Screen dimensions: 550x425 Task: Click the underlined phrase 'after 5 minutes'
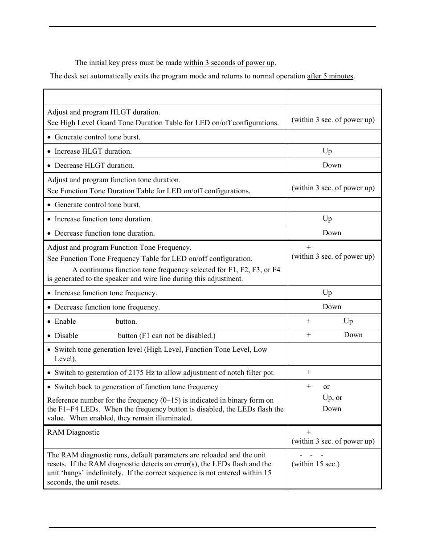click(331, 76)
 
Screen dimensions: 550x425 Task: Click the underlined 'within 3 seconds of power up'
click(229, 63)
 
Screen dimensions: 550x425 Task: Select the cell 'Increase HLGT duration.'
click(93, 151)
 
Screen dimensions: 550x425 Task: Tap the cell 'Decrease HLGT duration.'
click(94, 166)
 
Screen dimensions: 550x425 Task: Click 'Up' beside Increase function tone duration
click(327, 219)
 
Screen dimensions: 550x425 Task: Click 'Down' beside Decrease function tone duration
click(332, 233)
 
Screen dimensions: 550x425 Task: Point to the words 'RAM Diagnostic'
click(74, 432)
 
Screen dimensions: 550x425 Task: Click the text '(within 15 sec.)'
click(315, 464)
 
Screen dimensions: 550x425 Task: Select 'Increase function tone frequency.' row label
click(105, 293)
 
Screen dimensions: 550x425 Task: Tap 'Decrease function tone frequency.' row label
click(107, 307)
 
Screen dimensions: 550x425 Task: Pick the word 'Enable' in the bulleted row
click(65, 322)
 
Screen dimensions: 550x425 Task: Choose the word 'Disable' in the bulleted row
click(66, 336)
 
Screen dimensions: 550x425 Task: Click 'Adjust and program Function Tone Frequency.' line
click(119, 248)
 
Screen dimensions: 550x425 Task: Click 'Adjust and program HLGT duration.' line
click(103, 112)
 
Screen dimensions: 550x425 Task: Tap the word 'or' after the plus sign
click(327, 387)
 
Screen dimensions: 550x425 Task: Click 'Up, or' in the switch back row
click(332, 398)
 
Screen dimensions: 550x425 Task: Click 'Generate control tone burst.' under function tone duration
click(97, 205)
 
